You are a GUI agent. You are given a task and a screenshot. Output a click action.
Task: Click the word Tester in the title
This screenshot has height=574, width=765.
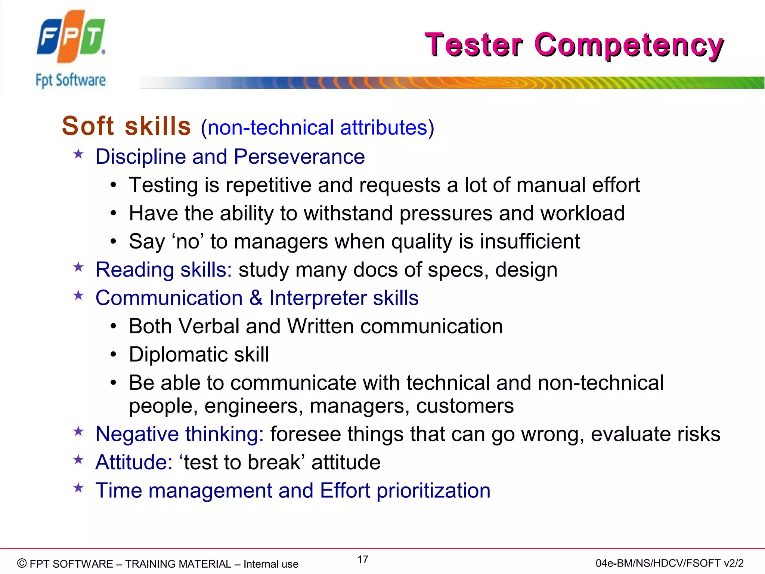473,45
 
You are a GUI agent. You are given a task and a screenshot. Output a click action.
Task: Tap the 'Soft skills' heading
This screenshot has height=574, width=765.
126,126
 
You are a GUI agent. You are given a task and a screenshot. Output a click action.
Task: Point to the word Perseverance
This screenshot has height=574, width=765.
299,157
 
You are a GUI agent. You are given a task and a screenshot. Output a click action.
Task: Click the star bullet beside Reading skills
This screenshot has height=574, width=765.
78,268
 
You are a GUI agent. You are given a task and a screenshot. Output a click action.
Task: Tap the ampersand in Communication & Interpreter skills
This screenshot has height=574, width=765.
256,298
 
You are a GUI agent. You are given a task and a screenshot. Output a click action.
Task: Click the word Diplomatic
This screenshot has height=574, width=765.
178,355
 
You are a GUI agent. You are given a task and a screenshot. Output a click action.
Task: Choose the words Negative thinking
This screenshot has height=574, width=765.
179,434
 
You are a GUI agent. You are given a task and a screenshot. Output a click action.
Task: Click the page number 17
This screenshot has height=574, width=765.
363,559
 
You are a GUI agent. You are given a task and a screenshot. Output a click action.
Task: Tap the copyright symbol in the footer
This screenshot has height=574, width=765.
22,563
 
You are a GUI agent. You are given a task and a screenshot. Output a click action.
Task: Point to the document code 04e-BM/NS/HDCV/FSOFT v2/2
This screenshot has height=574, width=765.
669,563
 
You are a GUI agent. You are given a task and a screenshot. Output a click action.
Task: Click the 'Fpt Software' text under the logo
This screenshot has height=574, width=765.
71,80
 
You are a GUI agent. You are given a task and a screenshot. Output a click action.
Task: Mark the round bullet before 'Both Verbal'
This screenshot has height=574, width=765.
114,327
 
